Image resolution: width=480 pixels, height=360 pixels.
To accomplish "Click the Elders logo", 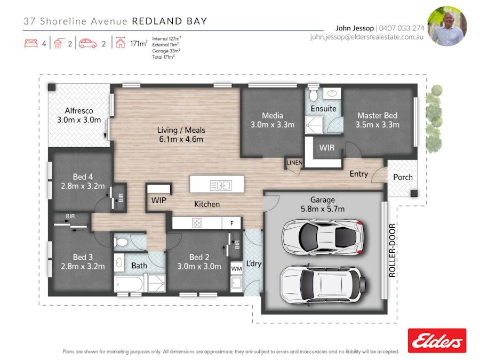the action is coord(437,341).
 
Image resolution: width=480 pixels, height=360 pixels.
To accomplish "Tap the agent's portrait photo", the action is coord(447,26).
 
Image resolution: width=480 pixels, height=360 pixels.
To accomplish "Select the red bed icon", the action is coord(31,43).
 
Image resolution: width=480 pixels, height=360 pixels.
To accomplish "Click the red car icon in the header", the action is coord(87,44).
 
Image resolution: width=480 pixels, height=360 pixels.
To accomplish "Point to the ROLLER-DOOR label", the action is coord(392,250).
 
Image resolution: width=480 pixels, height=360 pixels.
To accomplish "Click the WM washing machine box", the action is coord(236,268).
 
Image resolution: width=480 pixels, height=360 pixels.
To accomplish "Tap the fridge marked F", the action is coord(231,223).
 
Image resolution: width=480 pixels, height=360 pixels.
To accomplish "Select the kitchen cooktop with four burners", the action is coord(197,223).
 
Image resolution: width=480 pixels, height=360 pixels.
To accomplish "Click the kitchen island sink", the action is coord(220,186).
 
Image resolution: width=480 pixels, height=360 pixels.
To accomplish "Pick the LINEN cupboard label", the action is coord(294,163).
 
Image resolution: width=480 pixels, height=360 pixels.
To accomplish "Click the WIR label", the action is coord(326,148).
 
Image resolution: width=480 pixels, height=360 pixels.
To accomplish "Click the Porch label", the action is coord(403,177).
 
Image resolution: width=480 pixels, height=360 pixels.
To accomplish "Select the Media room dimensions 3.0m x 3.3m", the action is coord(273,125).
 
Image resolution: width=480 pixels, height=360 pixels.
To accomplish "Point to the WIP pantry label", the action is coord(158,201).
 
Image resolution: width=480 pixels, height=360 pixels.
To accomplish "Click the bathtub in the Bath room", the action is coord(129,284).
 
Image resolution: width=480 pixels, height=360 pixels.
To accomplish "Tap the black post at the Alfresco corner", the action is coord(52,87).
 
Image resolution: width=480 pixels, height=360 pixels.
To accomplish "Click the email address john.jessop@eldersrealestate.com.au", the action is coord(366,37).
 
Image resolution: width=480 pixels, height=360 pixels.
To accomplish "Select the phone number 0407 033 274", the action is coord(402,28).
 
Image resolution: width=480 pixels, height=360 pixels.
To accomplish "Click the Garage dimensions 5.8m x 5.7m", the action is coord(323,209).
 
